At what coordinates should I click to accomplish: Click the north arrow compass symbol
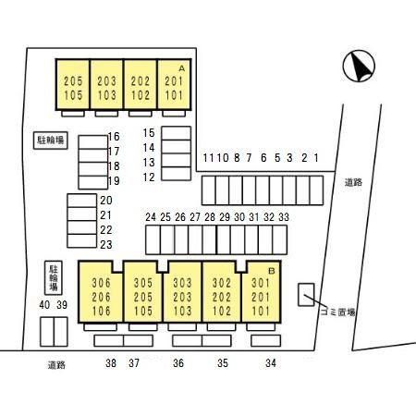359,66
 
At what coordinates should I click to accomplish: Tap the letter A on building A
182,68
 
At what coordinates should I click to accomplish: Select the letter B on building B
272,271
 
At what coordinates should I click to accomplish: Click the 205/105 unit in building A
73,85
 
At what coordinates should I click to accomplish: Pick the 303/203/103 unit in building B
182,292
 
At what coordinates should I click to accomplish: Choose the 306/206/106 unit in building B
101,292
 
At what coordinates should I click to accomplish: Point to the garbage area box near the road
306,295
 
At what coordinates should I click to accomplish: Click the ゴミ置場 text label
337,312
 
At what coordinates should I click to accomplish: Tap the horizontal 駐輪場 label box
51,141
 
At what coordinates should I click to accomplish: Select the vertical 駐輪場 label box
54,278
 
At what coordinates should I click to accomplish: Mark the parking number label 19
114,181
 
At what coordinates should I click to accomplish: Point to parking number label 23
106,245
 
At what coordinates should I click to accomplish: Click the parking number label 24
151,217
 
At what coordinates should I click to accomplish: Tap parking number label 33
284,217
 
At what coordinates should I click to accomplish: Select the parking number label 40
44,305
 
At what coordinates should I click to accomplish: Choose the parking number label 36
178,363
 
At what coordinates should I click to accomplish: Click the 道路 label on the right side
353,183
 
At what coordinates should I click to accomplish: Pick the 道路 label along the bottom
56,365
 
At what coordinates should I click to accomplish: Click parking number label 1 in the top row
316,158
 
